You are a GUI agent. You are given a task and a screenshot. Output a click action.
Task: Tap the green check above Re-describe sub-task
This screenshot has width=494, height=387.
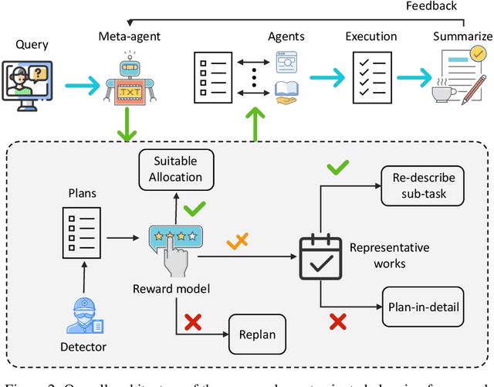[x=338, y=168]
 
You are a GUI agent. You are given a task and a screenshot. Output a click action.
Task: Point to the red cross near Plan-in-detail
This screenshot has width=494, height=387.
[x=337, y=321]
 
